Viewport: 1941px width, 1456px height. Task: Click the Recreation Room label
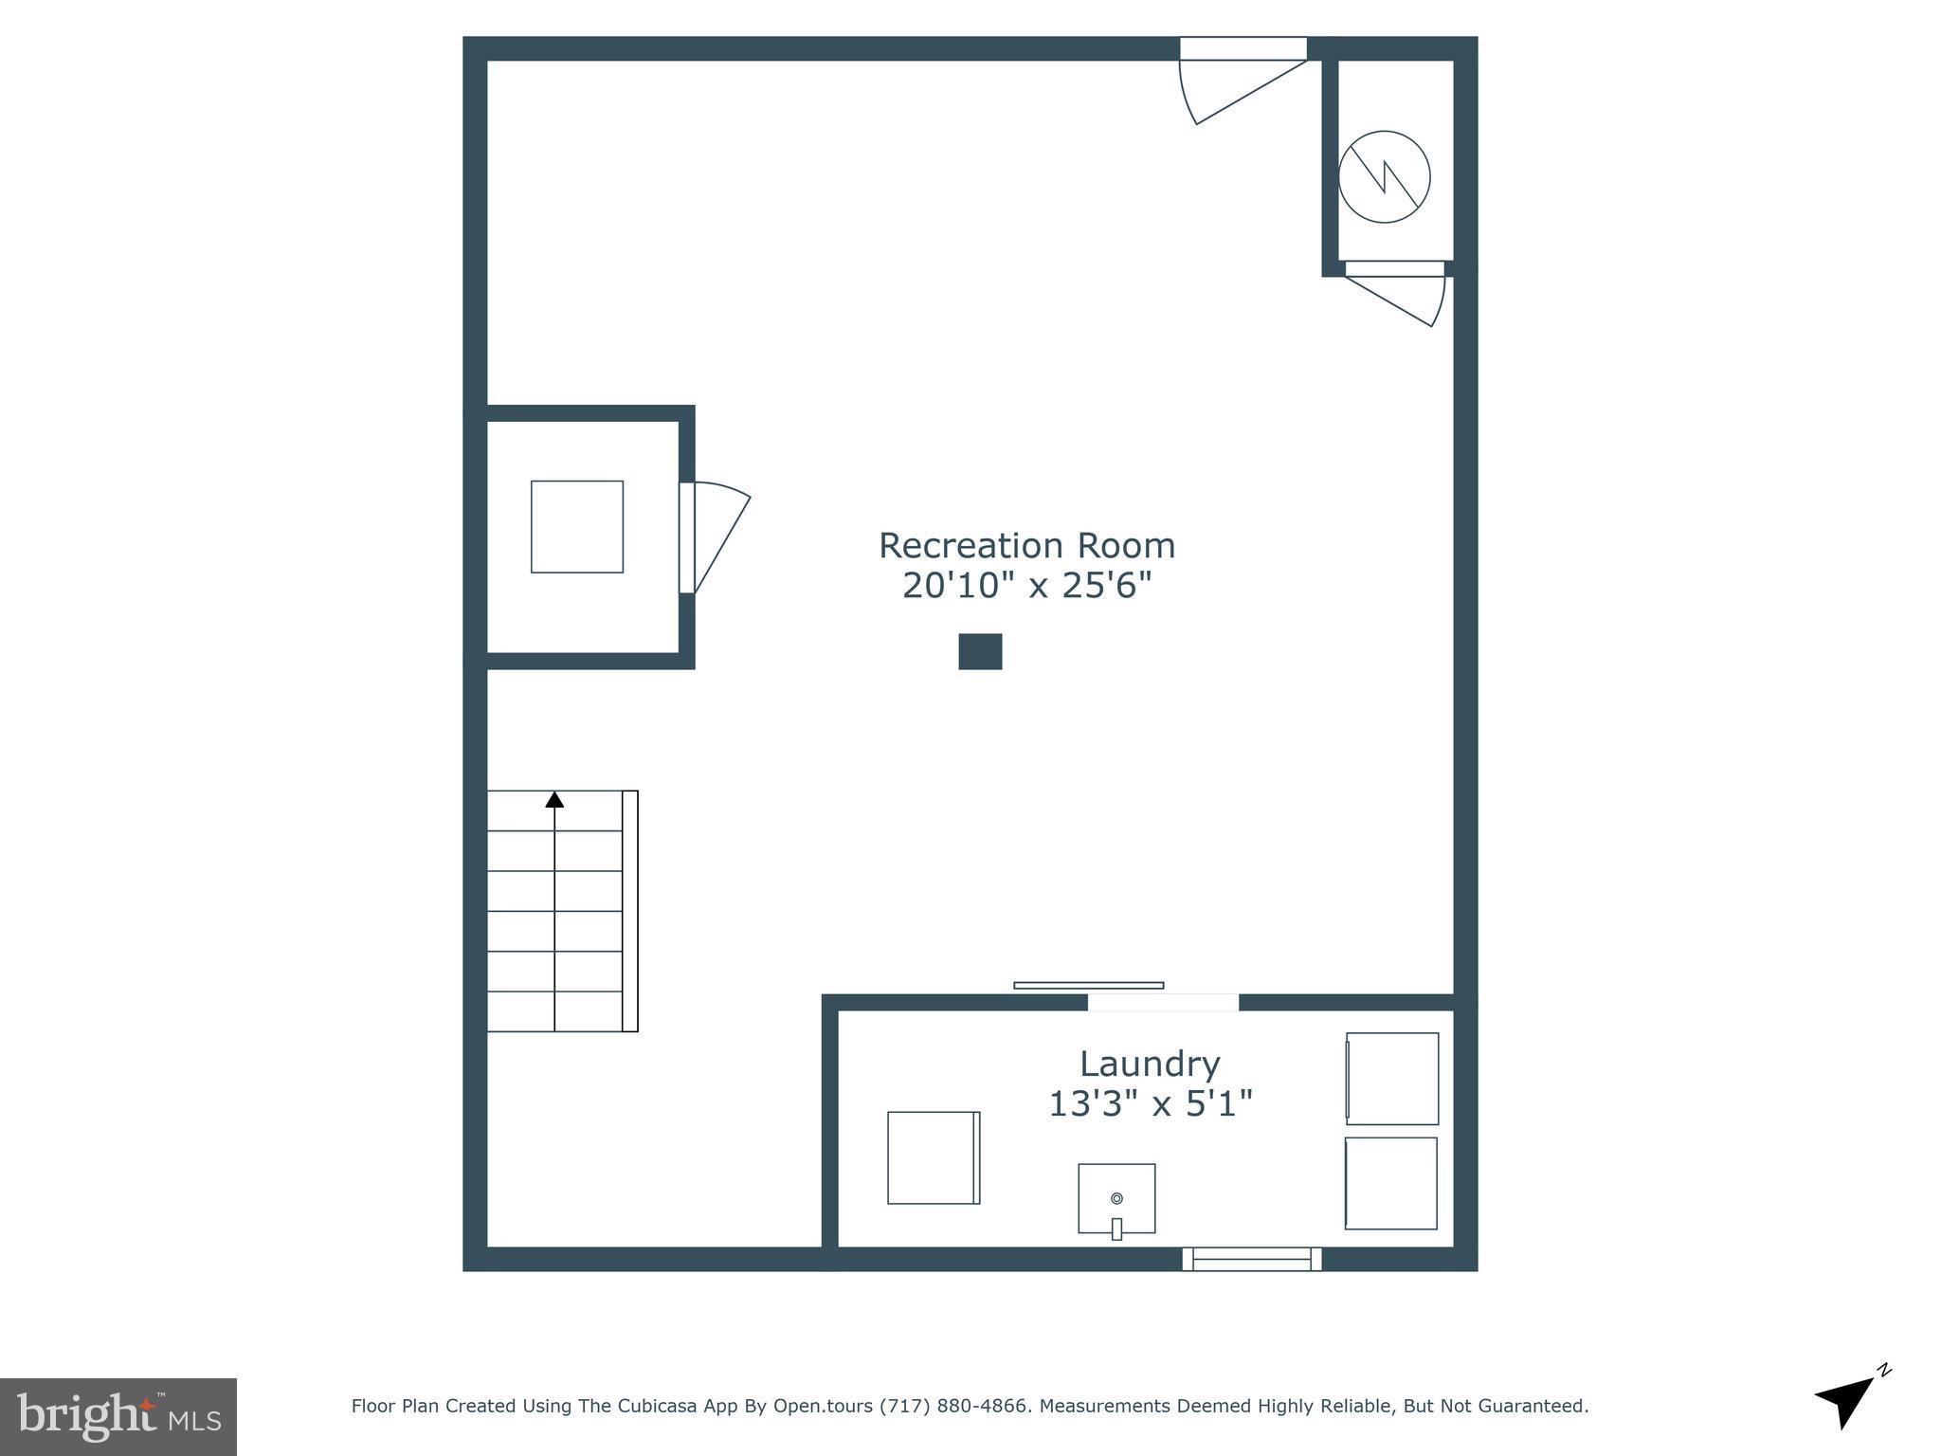1026,546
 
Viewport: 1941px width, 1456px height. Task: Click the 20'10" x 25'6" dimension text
1026,586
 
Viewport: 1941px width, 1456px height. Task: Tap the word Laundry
1149,1064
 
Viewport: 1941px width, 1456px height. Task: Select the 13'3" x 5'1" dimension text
1150,1103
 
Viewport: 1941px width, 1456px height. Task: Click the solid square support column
980,651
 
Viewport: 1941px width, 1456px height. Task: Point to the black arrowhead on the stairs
554,800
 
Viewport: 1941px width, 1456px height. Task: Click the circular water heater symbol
1384,176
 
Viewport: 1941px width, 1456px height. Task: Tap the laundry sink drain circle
1116,1198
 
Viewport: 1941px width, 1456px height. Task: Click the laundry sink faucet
1116,1228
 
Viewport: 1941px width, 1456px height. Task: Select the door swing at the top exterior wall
1232,90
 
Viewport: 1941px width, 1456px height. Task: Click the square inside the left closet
576,526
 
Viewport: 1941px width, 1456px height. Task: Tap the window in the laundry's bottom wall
1251,1259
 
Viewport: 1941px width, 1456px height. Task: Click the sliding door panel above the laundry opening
1088,985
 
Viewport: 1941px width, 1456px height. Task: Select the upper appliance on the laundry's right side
1392,1078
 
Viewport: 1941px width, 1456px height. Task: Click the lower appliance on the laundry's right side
1391,1183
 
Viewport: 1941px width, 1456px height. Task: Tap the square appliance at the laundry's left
933,1157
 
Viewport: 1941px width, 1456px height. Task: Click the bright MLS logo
118,1416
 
